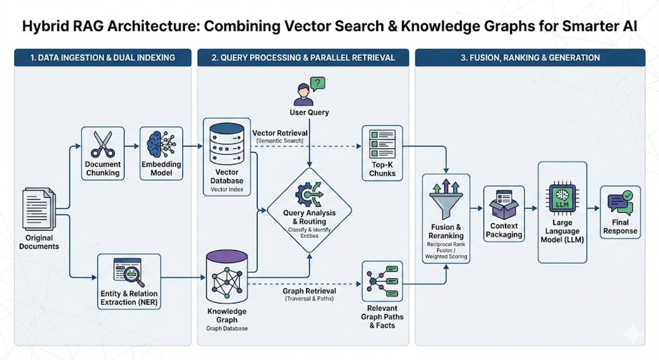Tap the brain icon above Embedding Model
(161, 144)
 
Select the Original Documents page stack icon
(39, 209)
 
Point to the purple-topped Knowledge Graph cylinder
(227, 277)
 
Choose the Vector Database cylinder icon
(227, 144)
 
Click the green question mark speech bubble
(318, 84)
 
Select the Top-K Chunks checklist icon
(382, 144)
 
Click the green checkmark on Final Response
(628, 195)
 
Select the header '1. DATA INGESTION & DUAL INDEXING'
(102, 58)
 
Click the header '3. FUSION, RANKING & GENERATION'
(530, 58)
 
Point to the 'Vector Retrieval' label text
(280, 133)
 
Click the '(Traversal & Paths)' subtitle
(309, 299)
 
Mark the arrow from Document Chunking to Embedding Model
(131, 146)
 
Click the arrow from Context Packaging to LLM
(531, 209)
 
